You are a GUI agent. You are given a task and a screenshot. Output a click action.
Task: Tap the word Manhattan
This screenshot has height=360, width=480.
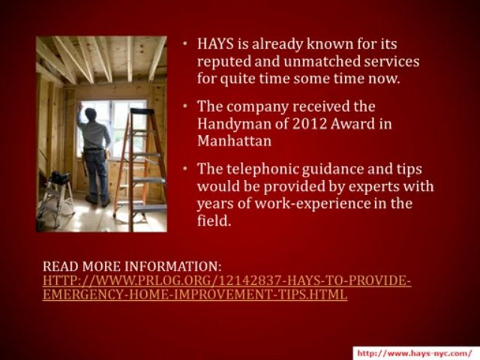pyautogui.click(x=234, y=141)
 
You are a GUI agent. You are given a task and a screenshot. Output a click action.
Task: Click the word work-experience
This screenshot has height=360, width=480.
pyautogui.click(x=312, y=204)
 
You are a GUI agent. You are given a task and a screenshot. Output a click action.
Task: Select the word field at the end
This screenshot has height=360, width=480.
pyautogui.click(x=214, y=220)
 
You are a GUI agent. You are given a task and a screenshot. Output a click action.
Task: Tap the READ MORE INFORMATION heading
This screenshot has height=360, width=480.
pyautogui.click(x=132, y=266)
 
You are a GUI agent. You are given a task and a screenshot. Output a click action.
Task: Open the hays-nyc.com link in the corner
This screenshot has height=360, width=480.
pyautogui.click(x=414, y=353)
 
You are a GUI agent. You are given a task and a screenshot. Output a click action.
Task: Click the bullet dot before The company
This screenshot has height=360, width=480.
pyautogui.click(x=185, y=106)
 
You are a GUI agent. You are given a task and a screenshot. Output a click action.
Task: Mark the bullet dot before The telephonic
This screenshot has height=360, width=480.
pyautogui.click(x=185, y=168)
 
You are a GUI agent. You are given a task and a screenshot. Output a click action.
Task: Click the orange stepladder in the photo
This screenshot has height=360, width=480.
pyautogui.click(x=140, y=165)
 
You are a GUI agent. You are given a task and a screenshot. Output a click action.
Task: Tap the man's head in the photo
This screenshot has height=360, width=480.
pyautogui.click(x=90, y=114)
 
